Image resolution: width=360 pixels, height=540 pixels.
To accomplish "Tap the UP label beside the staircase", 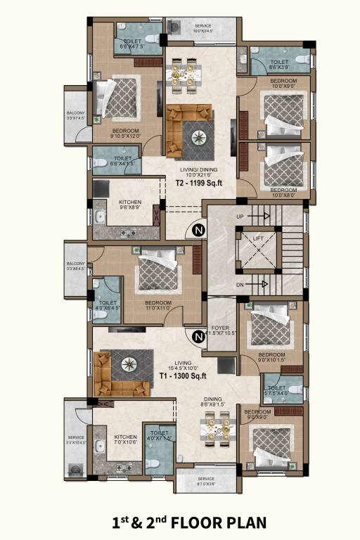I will coord(241,217).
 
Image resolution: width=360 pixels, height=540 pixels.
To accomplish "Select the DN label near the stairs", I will coord(241,284).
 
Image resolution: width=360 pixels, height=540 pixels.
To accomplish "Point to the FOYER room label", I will coord(219,328).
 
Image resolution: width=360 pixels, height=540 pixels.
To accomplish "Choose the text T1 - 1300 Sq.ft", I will coord(177,376).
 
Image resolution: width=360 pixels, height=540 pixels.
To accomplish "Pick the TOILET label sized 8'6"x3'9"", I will coord(280,63).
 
